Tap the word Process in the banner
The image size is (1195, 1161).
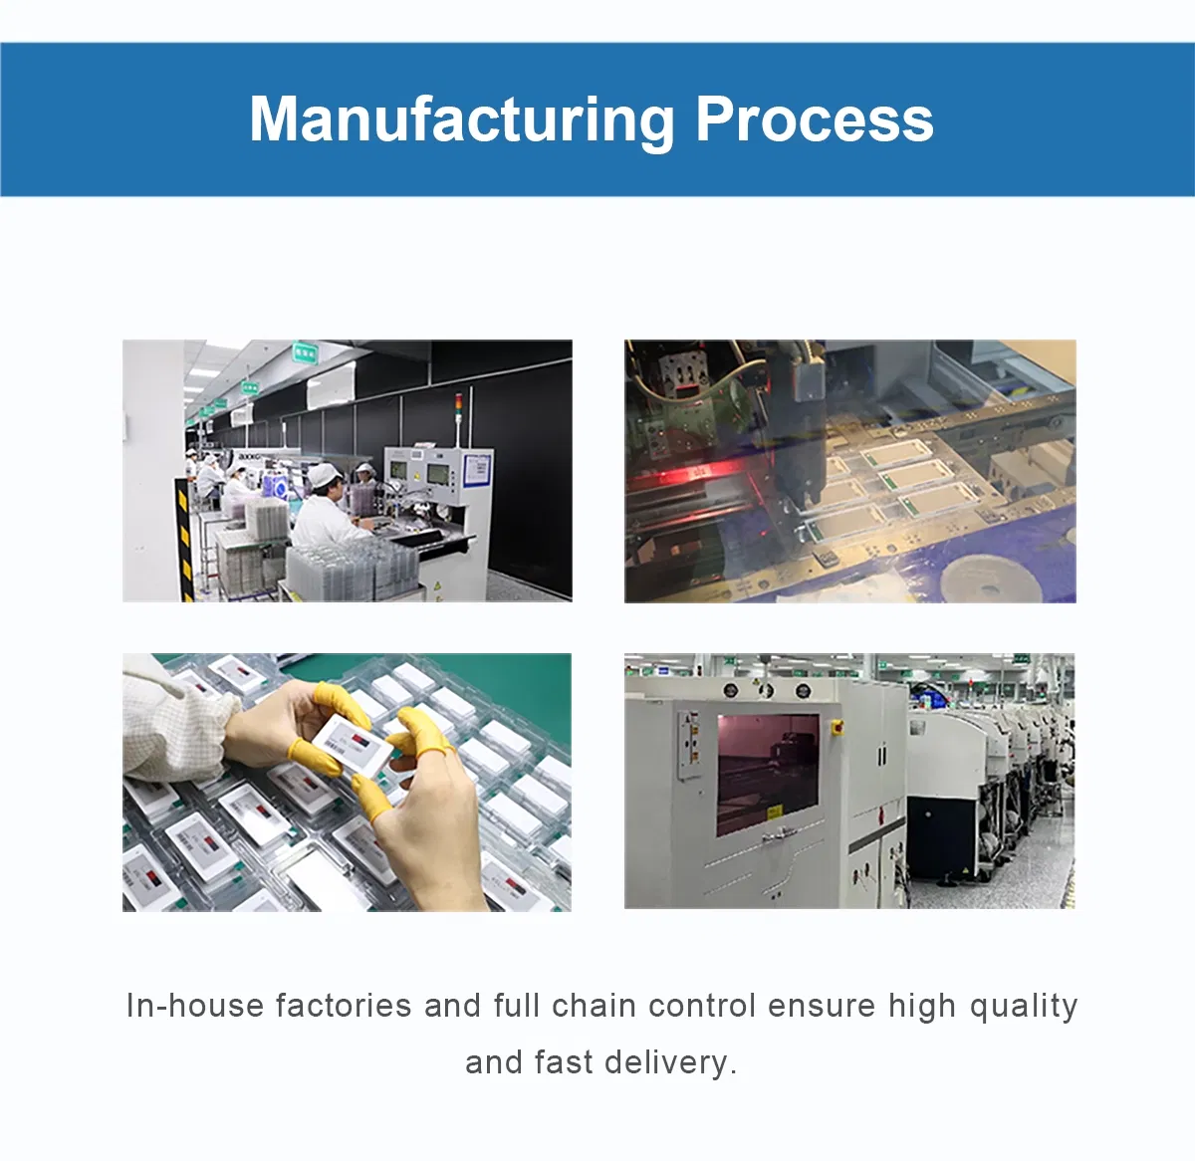[x=815, y=119]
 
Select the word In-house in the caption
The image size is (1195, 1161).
[x=194, y=1007]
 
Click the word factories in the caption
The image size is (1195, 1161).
[x=344, y=1007]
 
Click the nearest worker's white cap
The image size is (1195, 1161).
[x=323, y=475]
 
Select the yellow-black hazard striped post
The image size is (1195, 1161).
[x=183, y=540]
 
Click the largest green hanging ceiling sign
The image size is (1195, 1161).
[x=305, y=352]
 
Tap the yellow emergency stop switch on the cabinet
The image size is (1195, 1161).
[x=836, y=728]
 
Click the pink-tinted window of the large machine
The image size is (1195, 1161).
[x=768, y=775]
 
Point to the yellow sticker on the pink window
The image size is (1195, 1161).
[x=775, y=812]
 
